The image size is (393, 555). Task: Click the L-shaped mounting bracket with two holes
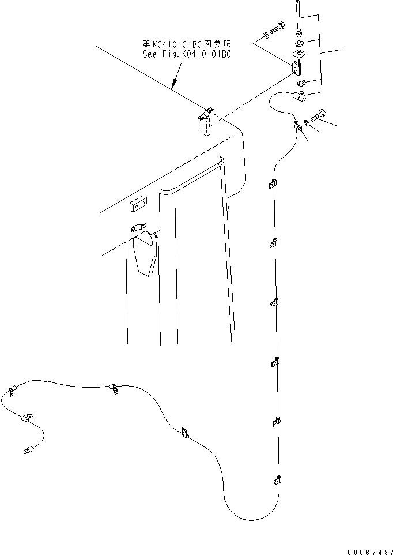(x=298, y=62)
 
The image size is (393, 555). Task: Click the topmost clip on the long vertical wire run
(x=272, y=185)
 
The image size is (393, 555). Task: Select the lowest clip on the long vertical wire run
(x=277, y=479)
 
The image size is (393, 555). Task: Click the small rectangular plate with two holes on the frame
(x=139, y=203)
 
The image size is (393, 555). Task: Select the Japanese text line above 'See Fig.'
(x=186, y=44)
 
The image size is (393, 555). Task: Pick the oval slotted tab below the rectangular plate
(x=138, y=227)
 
